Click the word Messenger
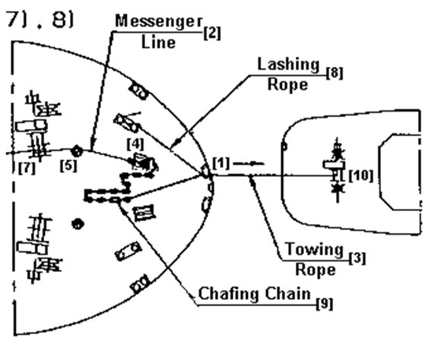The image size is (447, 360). (159, 21)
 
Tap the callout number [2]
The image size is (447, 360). (212, 33)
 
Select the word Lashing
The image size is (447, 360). (288, 65)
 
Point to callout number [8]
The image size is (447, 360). (334, 73)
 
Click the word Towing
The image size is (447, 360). (315, 248)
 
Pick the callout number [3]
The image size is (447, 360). (357, 258)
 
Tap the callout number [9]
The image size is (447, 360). (325, 304)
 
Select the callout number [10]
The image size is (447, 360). (361, 175)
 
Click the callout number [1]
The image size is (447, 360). (221, 163)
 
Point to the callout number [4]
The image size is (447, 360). (135, 144)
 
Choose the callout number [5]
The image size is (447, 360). (68, 166)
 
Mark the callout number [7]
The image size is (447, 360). (27, 168)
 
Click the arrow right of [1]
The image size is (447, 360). (249, 163)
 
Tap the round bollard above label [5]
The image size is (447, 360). (77, 151)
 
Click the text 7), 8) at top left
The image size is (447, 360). (40, 20)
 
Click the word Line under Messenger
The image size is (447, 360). (158, 43)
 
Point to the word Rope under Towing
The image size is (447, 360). (315, 270)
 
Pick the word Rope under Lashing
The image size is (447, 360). (287, 84)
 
